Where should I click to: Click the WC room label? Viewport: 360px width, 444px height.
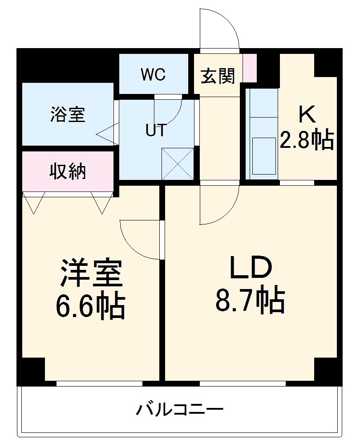(154, 75)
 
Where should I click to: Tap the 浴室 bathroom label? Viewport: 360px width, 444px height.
(67, 115)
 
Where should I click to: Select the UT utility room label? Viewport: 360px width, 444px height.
(156, 130)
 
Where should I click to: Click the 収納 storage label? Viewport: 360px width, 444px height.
(67, 171)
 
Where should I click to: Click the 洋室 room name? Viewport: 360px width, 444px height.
(91, 273)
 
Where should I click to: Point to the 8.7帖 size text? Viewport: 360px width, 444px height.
(250, 301)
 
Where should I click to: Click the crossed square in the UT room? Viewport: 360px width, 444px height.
(178, 164)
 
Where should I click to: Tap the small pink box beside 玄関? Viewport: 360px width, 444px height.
(250, 68)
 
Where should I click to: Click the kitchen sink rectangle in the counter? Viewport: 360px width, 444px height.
(264, 155)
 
